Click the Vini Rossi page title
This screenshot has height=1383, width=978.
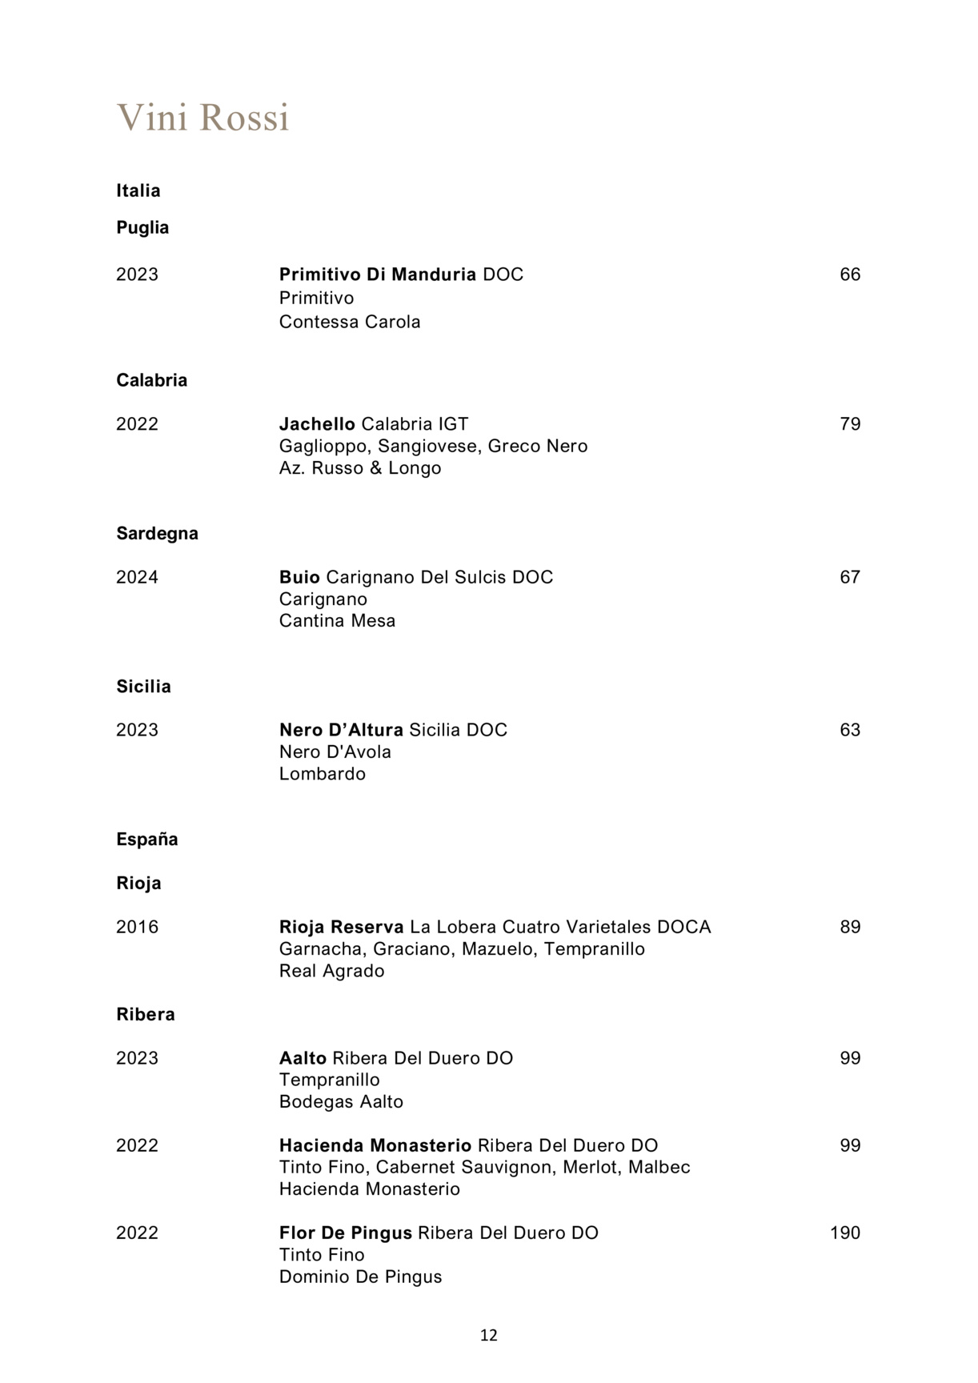coord(202,118)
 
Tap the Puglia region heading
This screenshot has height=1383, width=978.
coord(142,228)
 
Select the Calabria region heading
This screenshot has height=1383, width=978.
coord(151,380)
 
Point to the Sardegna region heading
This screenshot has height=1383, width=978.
coord(157,534)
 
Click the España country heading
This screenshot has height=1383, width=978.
coord(146,840)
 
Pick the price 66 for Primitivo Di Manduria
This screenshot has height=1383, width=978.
coord(850,275)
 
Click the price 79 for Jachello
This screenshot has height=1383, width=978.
coord(850,424)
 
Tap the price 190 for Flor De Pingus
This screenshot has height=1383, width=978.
coord(845,1233)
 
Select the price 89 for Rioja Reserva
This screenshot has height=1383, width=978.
coord(850,927)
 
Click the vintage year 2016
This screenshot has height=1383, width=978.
coord(137,927)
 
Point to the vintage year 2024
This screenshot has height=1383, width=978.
coord(137,577)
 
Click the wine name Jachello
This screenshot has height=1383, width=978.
coord(317,424)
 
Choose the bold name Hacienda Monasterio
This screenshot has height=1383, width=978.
coord(375,1145)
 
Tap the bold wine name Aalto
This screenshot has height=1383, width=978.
coord(303,1058)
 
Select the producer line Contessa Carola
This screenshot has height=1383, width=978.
coord(350,322)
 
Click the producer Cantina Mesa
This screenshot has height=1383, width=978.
coord(337,621)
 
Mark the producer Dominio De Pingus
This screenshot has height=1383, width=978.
coord(360,1277)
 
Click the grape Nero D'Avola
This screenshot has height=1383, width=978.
coord(335,752)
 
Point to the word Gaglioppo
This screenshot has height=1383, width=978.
coord(323,447)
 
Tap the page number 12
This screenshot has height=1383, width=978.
coord(489,1335)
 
